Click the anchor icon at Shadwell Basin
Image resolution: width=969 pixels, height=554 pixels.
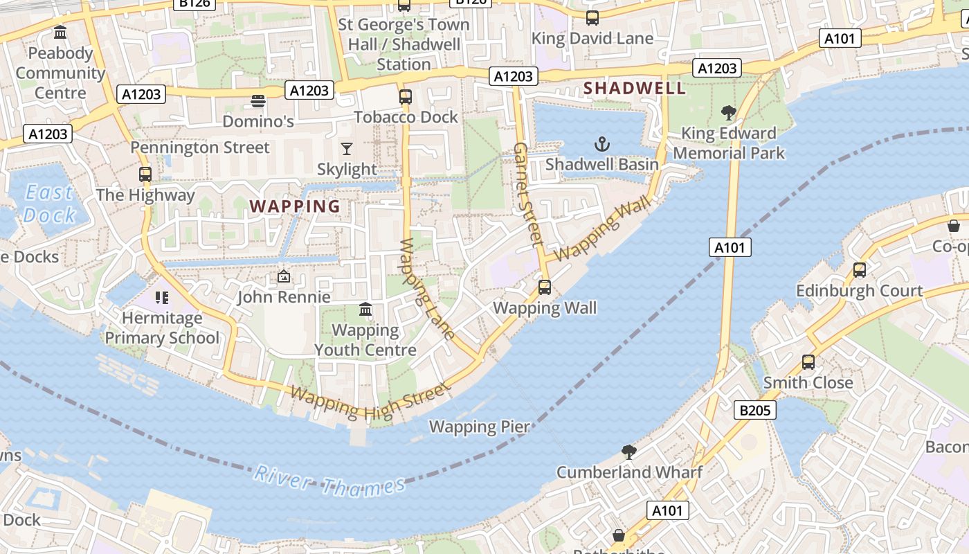point(602,144)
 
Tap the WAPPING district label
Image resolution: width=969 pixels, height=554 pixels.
point(295,206)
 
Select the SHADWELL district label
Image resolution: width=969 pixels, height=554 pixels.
point(635,88)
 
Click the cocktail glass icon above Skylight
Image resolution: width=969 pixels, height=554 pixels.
point(347,148)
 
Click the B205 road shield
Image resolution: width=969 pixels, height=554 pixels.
point(754,411)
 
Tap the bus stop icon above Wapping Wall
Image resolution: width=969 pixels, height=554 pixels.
point(545,287)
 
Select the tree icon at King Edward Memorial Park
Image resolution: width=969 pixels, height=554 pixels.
point(728,112)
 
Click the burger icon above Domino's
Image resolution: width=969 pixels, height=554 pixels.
point(258,101)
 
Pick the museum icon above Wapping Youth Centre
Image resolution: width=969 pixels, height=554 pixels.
point(365,309)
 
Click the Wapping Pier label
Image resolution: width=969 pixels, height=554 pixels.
point(479,427)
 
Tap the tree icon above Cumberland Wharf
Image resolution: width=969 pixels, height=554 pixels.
point(629,452)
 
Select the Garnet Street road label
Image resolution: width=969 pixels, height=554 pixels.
point(527,195)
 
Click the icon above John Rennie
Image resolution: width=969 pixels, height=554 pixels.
point(283,276)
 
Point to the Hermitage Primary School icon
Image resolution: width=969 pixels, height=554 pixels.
point(162,298)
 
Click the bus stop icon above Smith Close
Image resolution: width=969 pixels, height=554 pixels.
point(808,361)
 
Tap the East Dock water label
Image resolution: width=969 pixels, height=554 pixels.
point(48,204)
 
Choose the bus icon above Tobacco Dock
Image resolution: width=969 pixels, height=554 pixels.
point(406,96)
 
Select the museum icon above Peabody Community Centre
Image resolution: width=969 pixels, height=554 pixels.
point(60,33)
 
